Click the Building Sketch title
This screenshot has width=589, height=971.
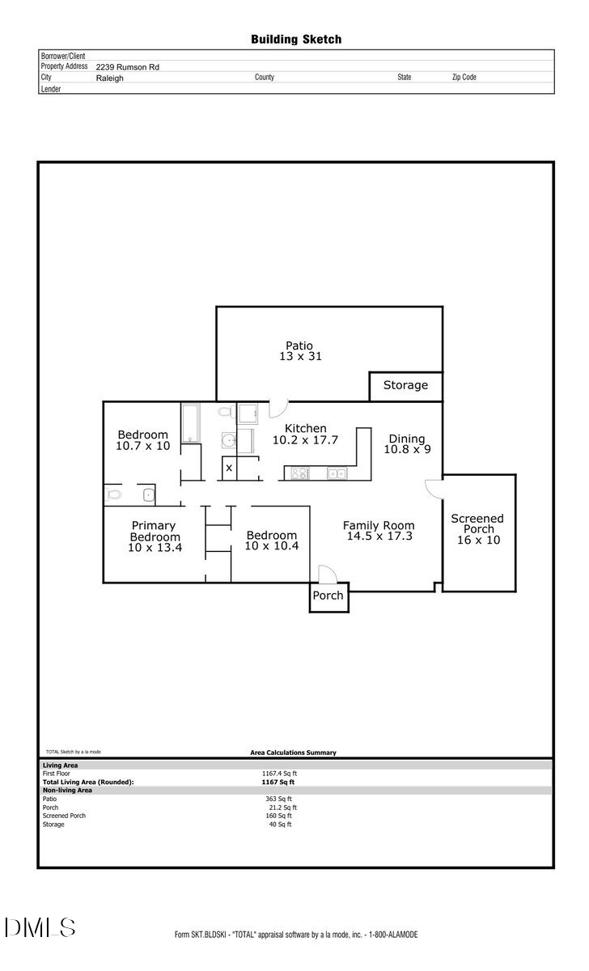pos(295,39)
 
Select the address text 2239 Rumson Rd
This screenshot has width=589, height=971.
pos(127,67)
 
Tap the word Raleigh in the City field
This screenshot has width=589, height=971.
pos(109,78)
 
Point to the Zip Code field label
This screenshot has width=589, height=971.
pos(464,78)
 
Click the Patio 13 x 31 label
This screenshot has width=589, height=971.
pos(299,350)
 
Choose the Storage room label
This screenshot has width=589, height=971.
pos(405,385)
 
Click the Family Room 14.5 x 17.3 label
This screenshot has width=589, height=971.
pos(378,531)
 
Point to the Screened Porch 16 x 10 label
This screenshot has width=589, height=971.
pos(477,529)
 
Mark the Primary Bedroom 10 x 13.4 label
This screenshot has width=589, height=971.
pos(154,536)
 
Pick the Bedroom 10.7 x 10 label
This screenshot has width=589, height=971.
pos(143,440)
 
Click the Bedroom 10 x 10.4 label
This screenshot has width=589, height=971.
pos(271,541)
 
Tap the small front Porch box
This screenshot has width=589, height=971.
pos(328,596)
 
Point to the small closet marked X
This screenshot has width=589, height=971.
pos(229,468)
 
